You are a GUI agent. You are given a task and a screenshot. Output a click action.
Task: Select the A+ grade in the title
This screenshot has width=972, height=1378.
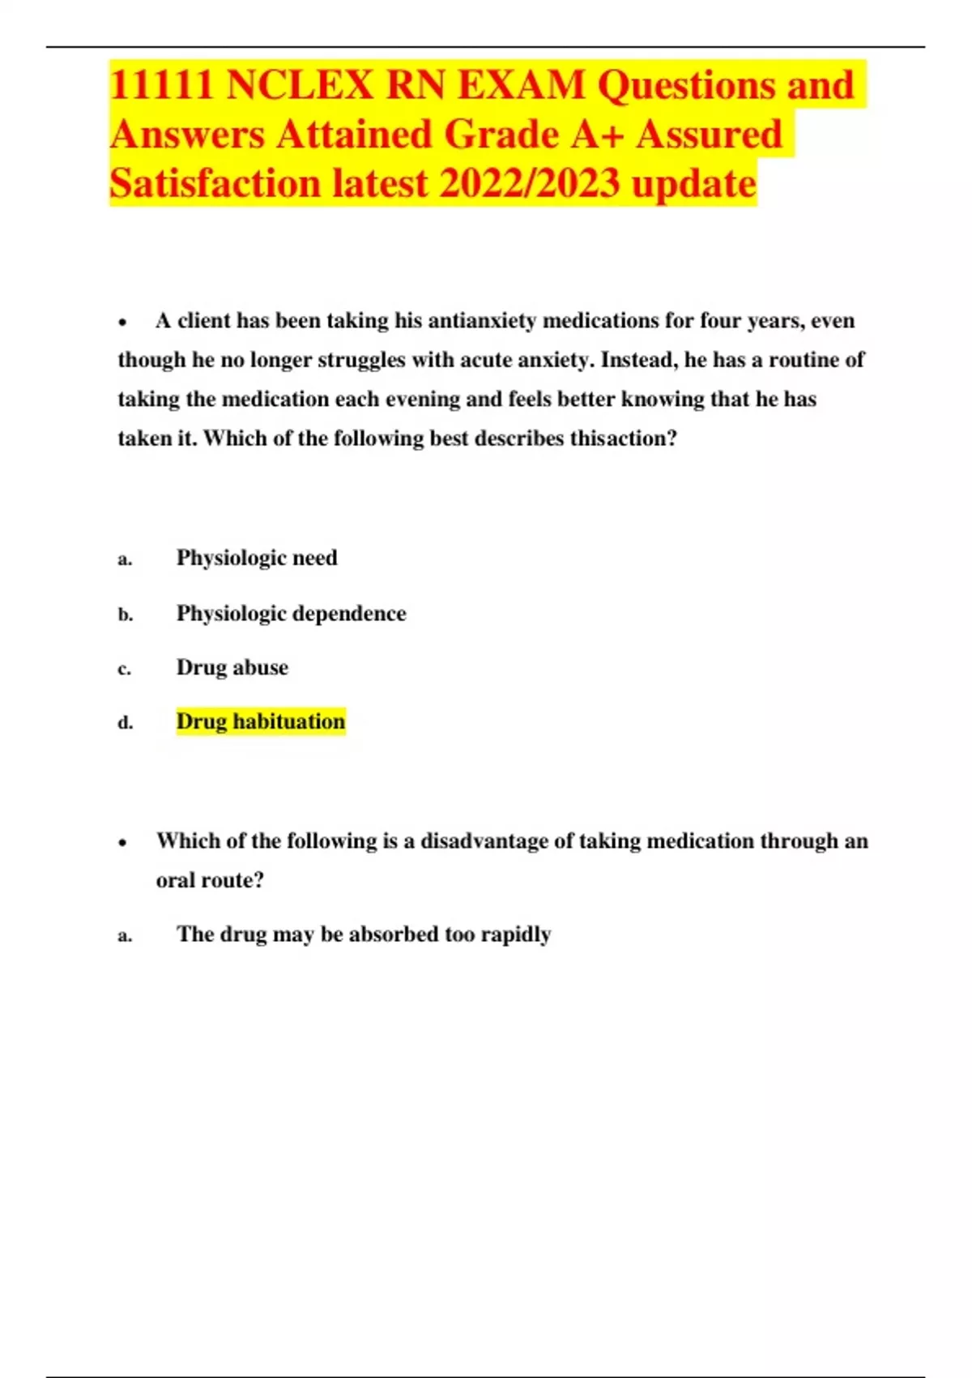(x=598, y=135)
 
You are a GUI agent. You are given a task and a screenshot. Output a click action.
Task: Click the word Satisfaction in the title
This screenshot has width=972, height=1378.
(x=215, y=183)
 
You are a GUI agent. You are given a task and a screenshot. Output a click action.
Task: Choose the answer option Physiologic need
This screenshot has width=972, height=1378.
(x=257, y=558)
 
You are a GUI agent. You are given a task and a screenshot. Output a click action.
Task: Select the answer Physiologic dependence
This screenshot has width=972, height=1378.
(x=291, y=614)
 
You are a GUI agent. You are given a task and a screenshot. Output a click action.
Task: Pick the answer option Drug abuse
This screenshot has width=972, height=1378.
(x=232, y=667)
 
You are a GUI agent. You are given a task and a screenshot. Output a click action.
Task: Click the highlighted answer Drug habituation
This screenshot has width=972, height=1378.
(x=261, y=721)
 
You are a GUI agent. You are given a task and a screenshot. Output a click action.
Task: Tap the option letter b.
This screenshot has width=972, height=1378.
(x=125, y=615)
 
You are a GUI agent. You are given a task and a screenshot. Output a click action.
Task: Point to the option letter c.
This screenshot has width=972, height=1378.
(x=124, y=670)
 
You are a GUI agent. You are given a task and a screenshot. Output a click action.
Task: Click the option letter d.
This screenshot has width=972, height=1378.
(x=125, y=723)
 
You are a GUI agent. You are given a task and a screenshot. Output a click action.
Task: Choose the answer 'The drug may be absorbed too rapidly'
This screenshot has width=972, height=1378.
(x=364, y=935)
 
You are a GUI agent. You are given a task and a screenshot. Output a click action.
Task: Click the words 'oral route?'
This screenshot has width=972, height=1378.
(x=210, y=880)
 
